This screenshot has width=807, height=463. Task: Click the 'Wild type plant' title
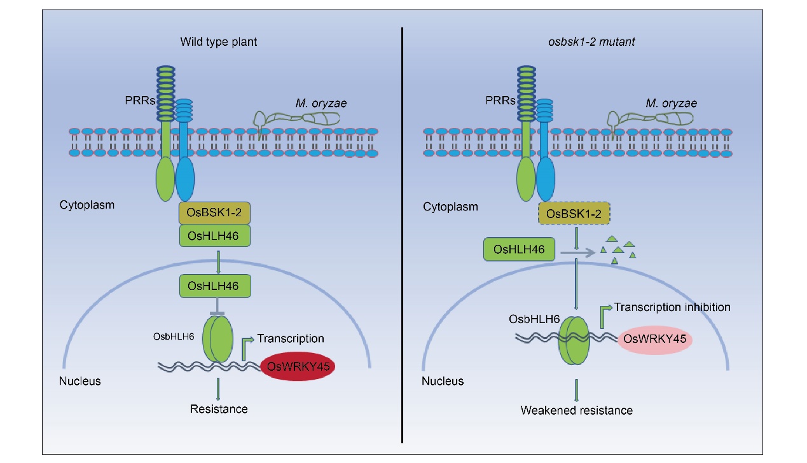(x=218, y=43)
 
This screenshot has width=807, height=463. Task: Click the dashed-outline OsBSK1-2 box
(x=574, y=214)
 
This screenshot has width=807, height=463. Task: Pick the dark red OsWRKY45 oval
(x=298, y=366)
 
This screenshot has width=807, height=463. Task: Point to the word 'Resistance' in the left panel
(x=218, y=408)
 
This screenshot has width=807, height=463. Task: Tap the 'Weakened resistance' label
(x=576, y=410)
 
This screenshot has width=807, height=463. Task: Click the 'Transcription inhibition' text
(x=672, y=307)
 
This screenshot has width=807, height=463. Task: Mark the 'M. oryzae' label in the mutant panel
(x=671, y=103)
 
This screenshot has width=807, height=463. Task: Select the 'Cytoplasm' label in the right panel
(x=450, y=207)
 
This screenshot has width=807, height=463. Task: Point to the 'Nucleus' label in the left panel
(x=79, y=382)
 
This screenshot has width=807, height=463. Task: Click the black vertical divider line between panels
(x=403, y=235)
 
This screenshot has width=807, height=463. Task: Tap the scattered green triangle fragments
(x=619, y=249)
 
